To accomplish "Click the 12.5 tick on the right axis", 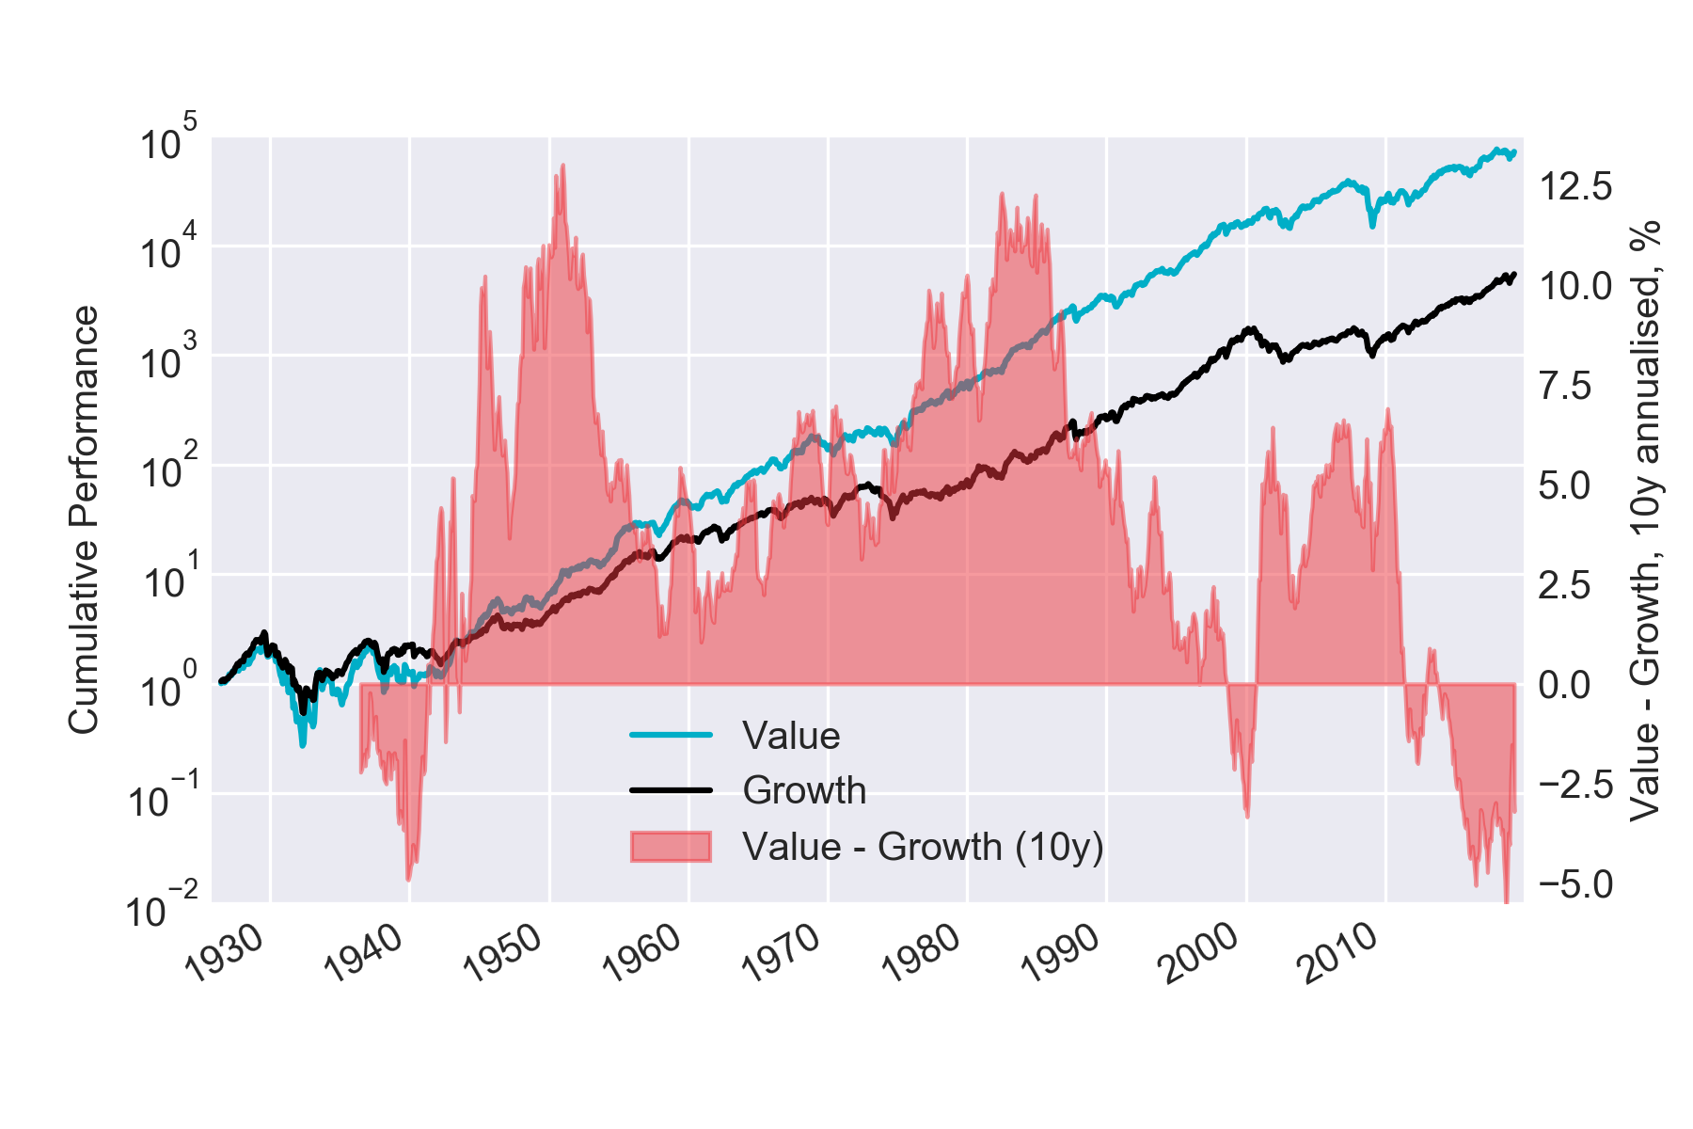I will tap(1575, 186).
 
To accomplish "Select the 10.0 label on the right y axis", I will tap(1575, 286).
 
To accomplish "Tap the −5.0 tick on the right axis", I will tap(1575, 884).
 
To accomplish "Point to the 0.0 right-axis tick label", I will tap(1565, 685).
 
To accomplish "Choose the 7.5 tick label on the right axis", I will tap(1565, 386).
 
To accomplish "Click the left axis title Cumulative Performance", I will tap(85, 519).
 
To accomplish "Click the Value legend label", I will tap(790, 736).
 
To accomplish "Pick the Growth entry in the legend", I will tap(804, 790).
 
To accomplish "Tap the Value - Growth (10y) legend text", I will tap(922, 847).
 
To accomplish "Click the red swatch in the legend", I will tap(671, 847).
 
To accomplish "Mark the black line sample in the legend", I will tap(671, 790).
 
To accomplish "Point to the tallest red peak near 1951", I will tap(562, 166).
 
